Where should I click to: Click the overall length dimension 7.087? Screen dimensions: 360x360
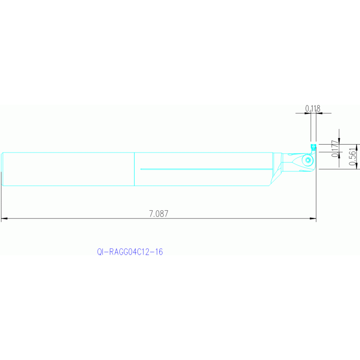point(158,214)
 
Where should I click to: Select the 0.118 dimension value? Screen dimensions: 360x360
point(313,108)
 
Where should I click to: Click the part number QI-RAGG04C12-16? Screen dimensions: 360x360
point(130,252)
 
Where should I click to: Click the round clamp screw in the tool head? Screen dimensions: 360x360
point(308,161)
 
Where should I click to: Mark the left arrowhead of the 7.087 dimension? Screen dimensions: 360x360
point(4,219)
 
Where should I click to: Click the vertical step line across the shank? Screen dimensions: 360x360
point(135,169)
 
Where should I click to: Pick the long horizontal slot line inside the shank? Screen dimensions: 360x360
point(207,169)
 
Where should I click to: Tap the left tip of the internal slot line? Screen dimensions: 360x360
point(141,169)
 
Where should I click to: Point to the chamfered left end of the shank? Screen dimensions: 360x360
point(3,169)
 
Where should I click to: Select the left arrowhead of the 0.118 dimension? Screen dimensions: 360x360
point(309,113)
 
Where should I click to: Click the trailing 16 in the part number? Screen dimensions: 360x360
point(159,252)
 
